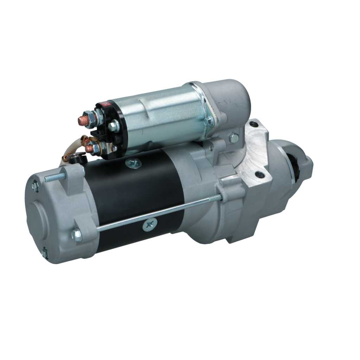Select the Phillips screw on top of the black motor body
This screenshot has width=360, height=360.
[134, 163]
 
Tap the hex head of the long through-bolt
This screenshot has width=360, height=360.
[77, 235]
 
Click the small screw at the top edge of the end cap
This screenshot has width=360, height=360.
[36, 186]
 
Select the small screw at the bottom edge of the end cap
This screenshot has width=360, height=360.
[45, 252]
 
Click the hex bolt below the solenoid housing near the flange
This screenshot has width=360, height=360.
[234, 138]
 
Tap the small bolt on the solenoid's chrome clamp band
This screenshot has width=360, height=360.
[208, 122]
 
